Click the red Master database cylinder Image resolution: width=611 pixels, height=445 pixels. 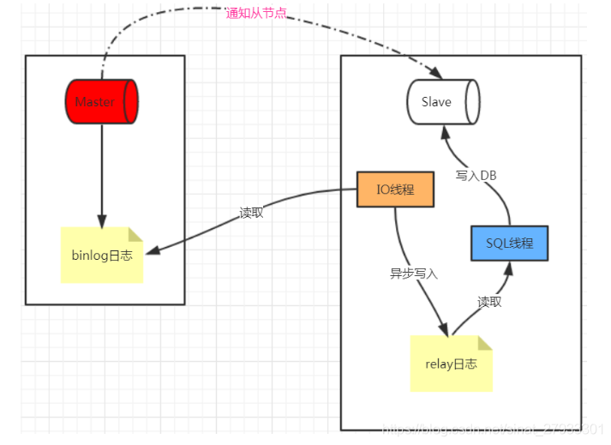(x=101, y=102)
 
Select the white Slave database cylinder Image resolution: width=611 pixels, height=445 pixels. (x=441, y=102)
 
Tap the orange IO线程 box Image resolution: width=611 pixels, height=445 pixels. (x=395, y=189)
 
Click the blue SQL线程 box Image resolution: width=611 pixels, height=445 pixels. (x=509, y=243)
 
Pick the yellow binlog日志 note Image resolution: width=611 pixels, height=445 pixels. (x=102, y=255)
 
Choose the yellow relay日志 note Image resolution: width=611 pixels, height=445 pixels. (x=451, y=364)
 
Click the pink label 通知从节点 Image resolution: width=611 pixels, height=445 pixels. (x=255, y=13)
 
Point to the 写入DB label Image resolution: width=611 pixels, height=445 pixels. (x=476, y=175)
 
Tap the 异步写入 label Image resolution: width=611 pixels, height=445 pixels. (x=414, y=274)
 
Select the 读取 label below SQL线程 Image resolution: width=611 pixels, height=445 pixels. (x=489, y=302)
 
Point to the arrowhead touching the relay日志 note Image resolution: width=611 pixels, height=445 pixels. (x=445, y=332)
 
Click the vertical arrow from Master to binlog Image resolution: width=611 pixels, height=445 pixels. (x=101, y=171)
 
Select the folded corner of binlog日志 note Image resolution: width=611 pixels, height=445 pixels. (x=135, y=234)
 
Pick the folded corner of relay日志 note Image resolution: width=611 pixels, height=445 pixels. (x=485, y=342)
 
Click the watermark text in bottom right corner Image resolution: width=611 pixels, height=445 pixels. (x=493, y=426)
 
